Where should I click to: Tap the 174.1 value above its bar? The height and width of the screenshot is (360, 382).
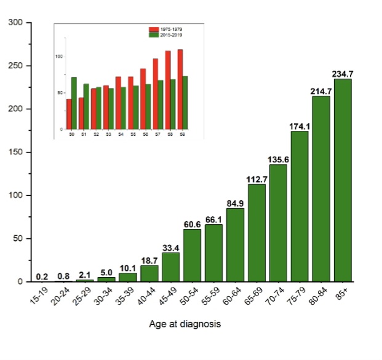[x=300, y=126]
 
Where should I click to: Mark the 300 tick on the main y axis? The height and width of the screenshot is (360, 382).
[x=15, y=23]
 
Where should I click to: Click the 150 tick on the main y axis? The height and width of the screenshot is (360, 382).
[x=15, y=152]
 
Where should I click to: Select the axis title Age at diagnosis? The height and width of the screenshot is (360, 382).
[x=185, y=324]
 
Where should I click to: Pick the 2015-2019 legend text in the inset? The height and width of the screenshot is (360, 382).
[x=173, y=35]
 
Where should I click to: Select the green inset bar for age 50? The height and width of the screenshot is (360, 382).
[x=74, y=103]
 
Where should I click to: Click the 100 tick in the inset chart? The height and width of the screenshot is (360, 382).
[x=60, y=57]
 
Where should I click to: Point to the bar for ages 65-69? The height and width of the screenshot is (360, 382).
[x=257, y=233]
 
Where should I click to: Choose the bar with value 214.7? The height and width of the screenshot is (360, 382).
[x=321, y=189]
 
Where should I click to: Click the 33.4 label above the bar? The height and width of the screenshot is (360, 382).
[x=171, y=248]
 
